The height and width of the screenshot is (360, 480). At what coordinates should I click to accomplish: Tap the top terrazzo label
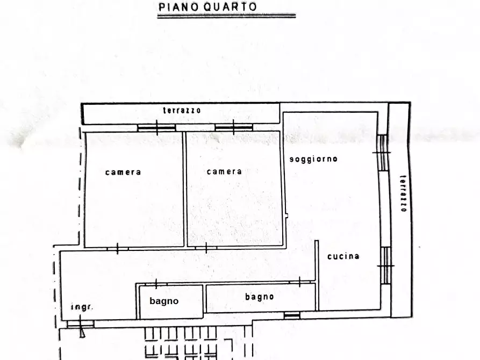coord(182,111)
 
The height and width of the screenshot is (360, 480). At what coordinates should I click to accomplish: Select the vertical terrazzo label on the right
coord(403,193)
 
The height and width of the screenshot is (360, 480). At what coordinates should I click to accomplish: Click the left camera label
coord(123,172)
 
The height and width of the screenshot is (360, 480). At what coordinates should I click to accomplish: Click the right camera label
coord(224,171)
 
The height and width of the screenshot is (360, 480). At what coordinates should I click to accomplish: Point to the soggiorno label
coord(313,159)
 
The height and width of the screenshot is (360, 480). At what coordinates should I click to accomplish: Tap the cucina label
coord(343,256)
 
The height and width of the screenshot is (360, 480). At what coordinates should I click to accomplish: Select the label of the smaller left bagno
coord(164,301)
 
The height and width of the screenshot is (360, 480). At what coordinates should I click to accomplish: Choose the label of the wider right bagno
coord(260,297)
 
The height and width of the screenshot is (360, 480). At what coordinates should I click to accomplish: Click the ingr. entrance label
coord(82,307)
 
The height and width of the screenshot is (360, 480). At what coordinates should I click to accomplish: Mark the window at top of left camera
coord(156,128)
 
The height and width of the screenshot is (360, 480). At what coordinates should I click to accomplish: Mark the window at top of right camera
coord(234,128)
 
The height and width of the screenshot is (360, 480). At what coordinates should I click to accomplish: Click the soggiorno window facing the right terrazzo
coord(382,153)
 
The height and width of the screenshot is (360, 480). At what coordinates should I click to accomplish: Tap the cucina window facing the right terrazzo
coord(385,265)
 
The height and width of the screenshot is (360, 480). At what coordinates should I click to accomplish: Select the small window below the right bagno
coord(292,315)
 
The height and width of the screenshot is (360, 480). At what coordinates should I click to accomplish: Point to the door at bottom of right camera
coord(206,248)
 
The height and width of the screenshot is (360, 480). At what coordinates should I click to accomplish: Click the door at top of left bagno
coord(156,284)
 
